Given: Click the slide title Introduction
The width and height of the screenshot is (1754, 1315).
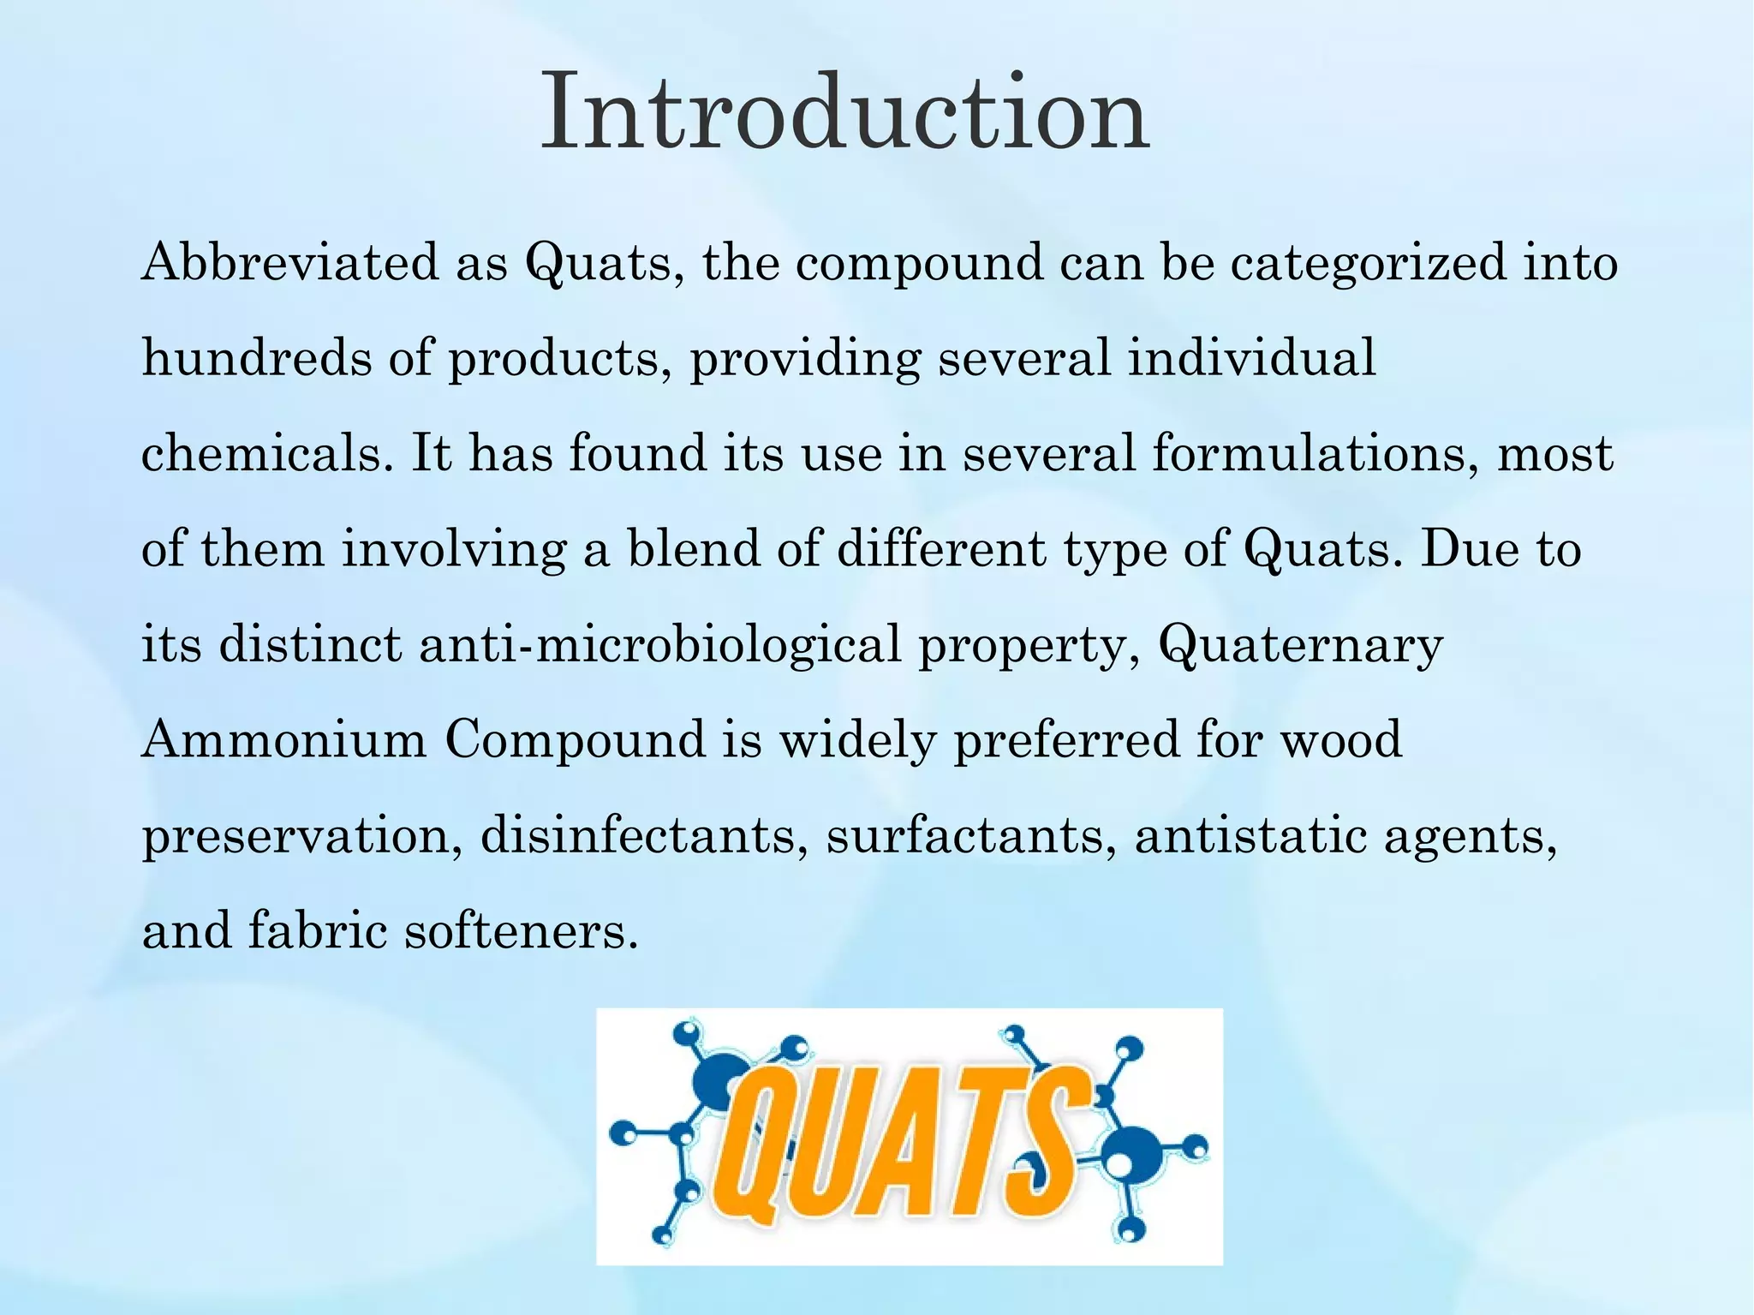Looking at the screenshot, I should (x=845, y=112).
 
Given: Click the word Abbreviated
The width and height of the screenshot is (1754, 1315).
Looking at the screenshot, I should (x=289, y=261).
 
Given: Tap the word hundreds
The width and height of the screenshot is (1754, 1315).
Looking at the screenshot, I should (x=257, y=357).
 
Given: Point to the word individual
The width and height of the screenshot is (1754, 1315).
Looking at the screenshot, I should (x=1250, y=357).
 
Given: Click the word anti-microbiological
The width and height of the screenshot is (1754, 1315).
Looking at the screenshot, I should (x=659, y=644).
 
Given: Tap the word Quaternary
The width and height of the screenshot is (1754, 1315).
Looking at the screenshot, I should (x=1301, y=644).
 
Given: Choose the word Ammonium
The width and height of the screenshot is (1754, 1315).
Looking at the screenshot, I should (x=284, y=739).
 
